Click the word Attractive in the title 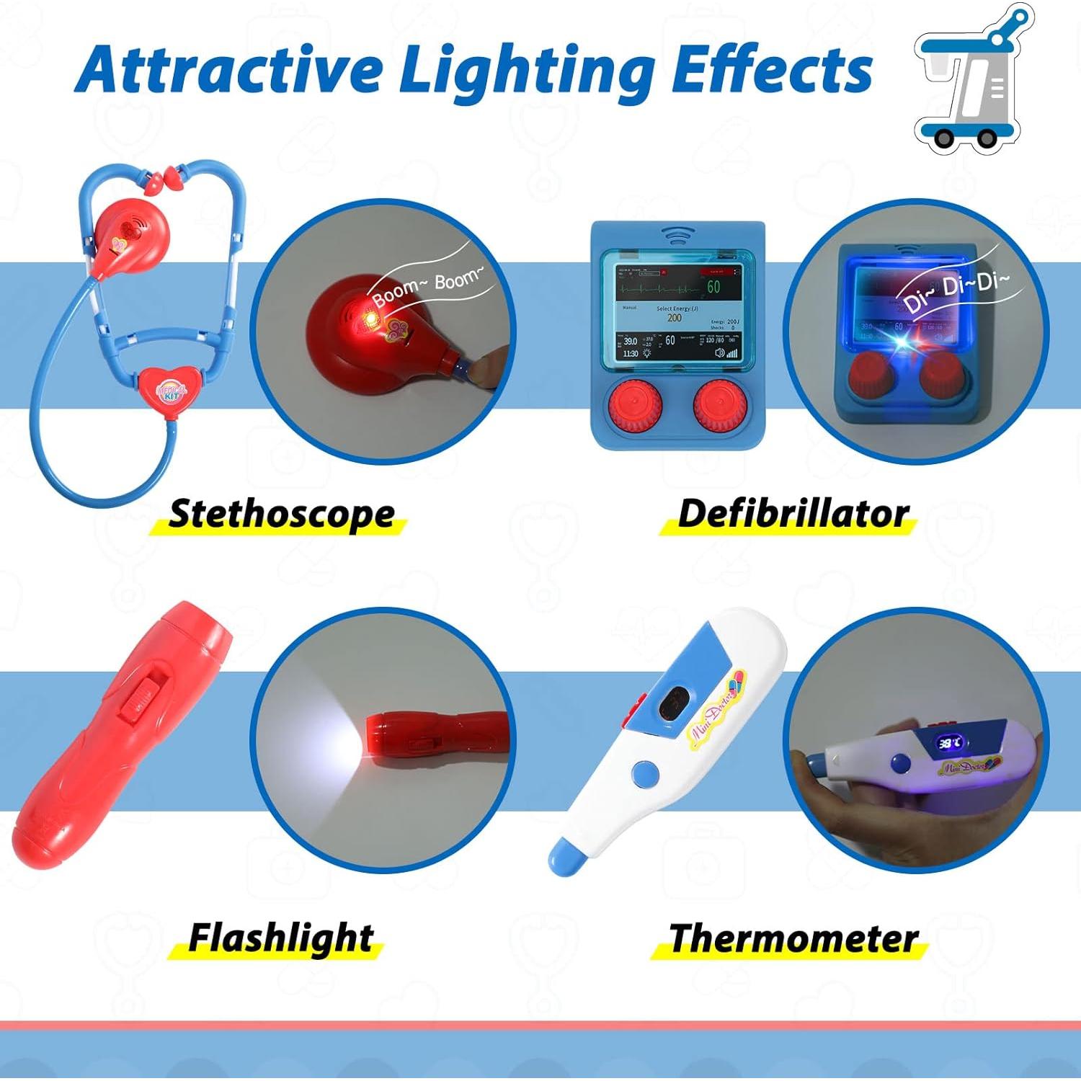pos(228,70)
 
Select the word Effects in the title pos(771,70)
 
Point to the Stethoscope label pos(281,514)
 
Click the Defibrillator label pos(793,514)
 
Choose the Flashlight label pos(280,938)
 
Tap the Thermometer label pos(793,938)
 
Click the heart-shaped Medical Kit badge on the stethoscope pos(172,390)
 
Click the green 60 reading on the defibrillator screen pos(713,287)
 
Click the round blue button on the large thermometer pos(645,775)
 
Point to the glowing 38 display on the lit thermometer pos(948,743)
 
